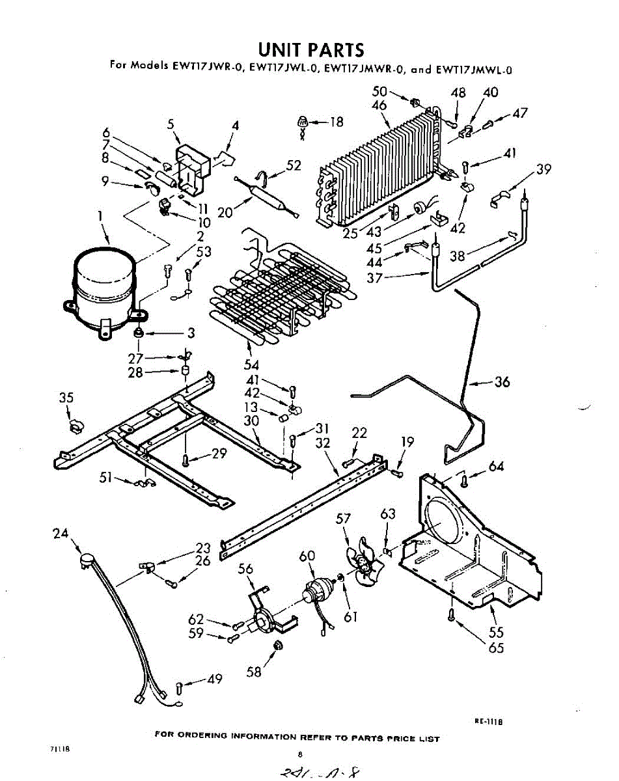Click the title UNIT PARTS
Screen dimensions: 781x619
[310, 49]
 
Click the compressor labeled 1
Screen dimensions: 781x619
[103, 286]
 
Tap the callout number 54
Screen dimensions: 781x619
[251, 365]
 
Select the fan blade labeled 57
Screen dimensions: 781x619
[360, 563]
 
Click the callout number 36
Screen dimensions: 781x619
[502, 382]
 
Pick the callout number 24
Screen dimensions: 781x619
[61, 534]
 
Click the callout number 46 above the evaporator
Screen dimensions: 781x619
[379, 105]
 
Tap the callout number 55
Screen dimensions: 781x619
[497, 632]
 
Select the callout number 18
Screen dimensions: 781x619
[336, 121]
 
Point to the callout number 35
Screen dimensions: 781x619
[66, 398]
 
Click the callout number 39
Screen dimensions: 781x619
[544, 170]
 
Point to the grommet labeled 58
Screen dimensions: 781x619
[278, 646]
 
